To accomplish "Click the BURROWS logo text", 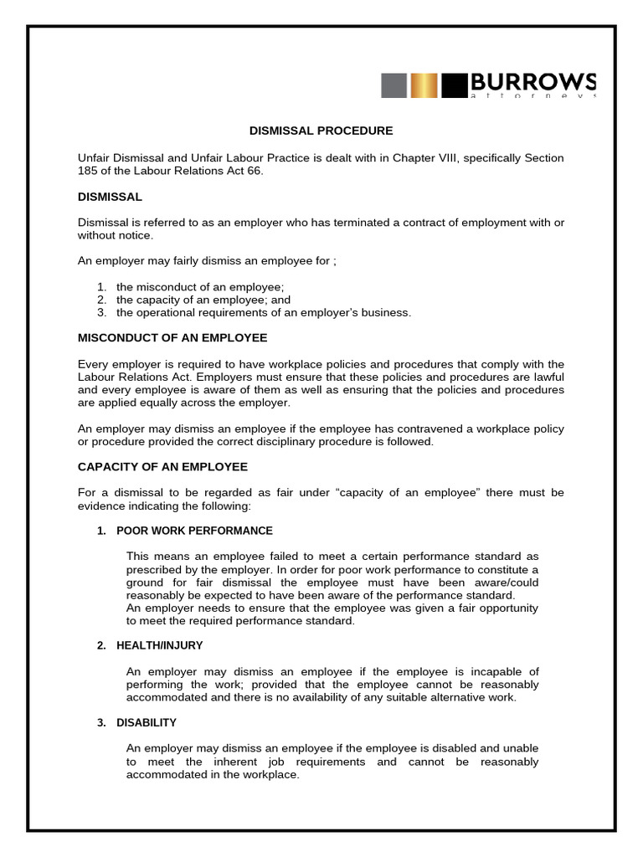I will click(532, 82).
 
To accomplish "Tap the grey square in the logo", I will click(394, 85).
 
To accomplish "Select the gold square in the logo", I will click(424, 85).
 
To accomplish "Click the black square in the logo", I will click(454, 85).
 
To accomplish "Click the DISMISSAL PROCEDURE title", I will click(321, 131).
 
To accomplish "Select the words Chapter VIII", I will click(424, 157).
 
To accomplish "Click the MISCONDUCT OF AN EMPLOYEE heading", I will click(172, 337).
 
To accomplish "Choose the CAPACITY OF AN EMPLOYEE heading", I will click(162, 466).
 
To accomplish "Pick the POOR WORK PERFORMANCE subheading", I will click(194, 531).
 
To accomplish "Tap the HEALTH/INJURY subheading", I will click(159, 645).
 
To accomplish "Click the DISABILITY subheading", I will click(147, 722).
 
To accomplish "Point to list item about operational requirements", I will click(264, 313).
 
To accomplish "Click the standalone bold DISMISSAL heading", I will click(110, 197).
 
